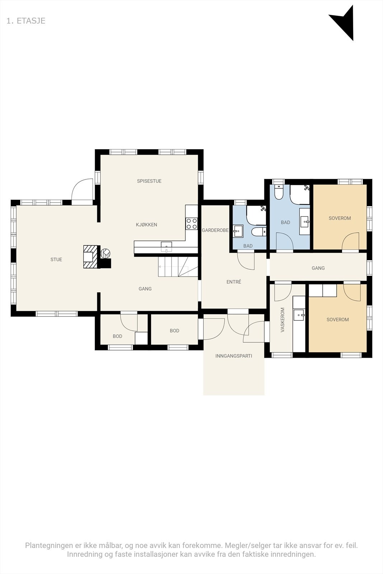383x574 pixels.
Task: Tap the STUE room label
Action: (56, 259)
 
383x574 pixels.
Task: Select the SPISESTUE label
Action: (149, 181)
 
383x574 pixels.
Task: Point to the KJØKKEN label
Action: (146, 225)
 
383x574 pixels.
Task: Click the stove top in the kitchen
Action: (192, 224)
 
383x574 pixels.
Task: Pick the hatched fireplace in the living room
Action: (90, 257)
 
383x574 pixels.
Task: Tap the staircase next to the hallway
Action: (178, 267)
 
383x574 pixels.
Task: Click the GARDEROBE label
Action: (215, 230)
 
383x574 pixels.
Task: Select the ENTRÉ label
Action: (234, 282)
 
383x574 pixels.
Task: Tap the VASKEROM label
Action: (282, 320)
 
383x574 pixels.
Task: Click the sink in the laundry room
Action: (299, 315)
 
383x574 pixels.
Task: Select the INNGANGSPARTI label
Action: (234, 356)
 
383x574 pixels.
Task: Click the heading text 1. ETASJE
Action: (26, 21)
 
